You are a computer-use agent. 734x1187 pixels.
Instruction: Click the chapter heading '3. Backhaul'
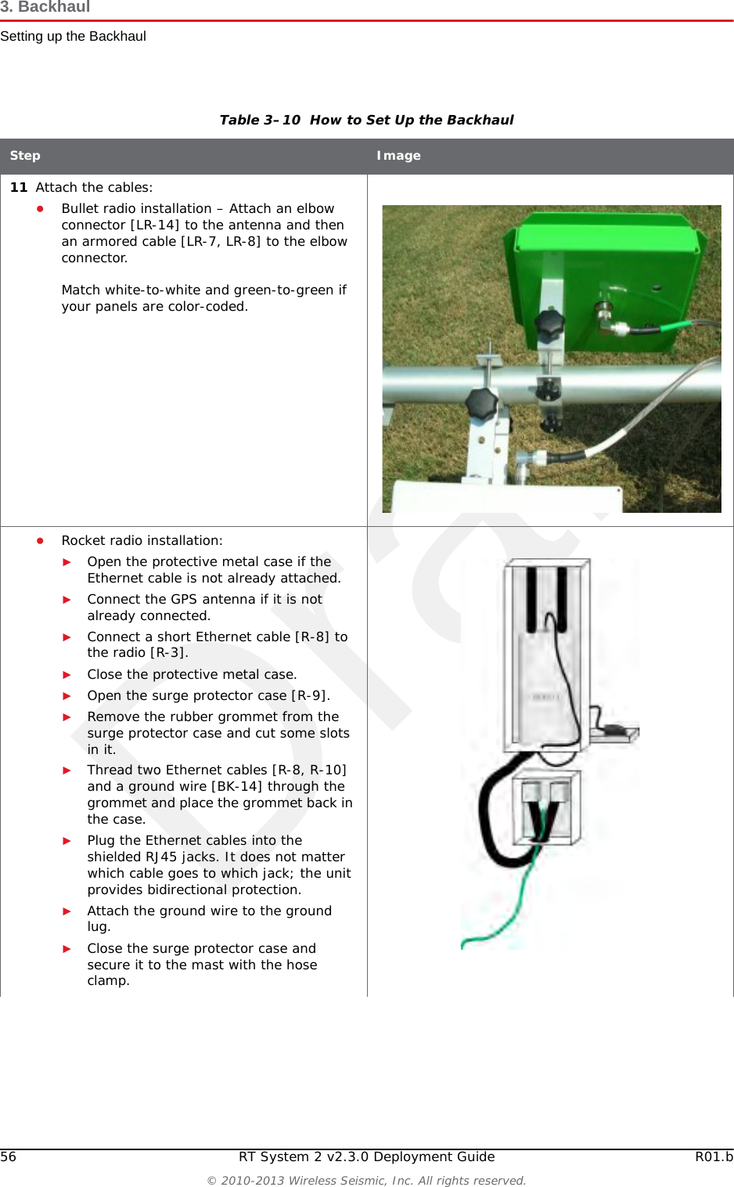(x=45, y=8)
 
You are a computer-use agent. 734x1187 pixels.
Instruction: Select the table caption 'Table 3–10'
(x=260, y=120)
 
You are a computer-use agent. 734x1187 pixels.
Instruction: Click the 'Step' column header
(x=25, y=156)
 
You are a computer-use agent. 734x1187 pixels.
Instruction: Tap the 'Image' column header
(x=398, y=156)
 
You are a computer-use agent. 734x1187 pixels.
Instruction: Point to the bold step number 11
(x=19, y=187)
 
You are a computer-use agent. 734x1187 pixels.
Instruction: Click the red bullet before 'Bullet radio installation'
(x=40, y=209)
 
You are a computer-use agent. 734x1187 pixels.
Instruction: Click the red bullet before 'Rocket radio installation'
(x=40, y=540)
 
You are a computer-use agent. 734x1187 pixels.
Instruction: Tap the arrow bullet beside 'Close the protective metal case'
(x=67, y=675)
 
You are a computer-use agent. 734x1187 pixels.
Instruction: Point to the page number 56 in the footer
(x=9, y=1156)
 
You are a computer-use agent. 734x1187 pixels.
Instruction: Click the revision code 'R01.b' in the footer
(x=714, y=1156)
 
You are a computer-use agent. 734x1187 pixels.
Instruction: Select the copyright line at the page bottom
(x=366, y=1180)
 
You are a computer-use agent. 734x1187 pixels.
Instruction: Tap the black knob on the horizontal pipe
(x=481, y=402)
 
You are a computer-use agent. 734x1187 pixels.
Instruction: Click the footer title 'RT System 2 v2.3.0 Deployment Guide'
(x=366, y=1156)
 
